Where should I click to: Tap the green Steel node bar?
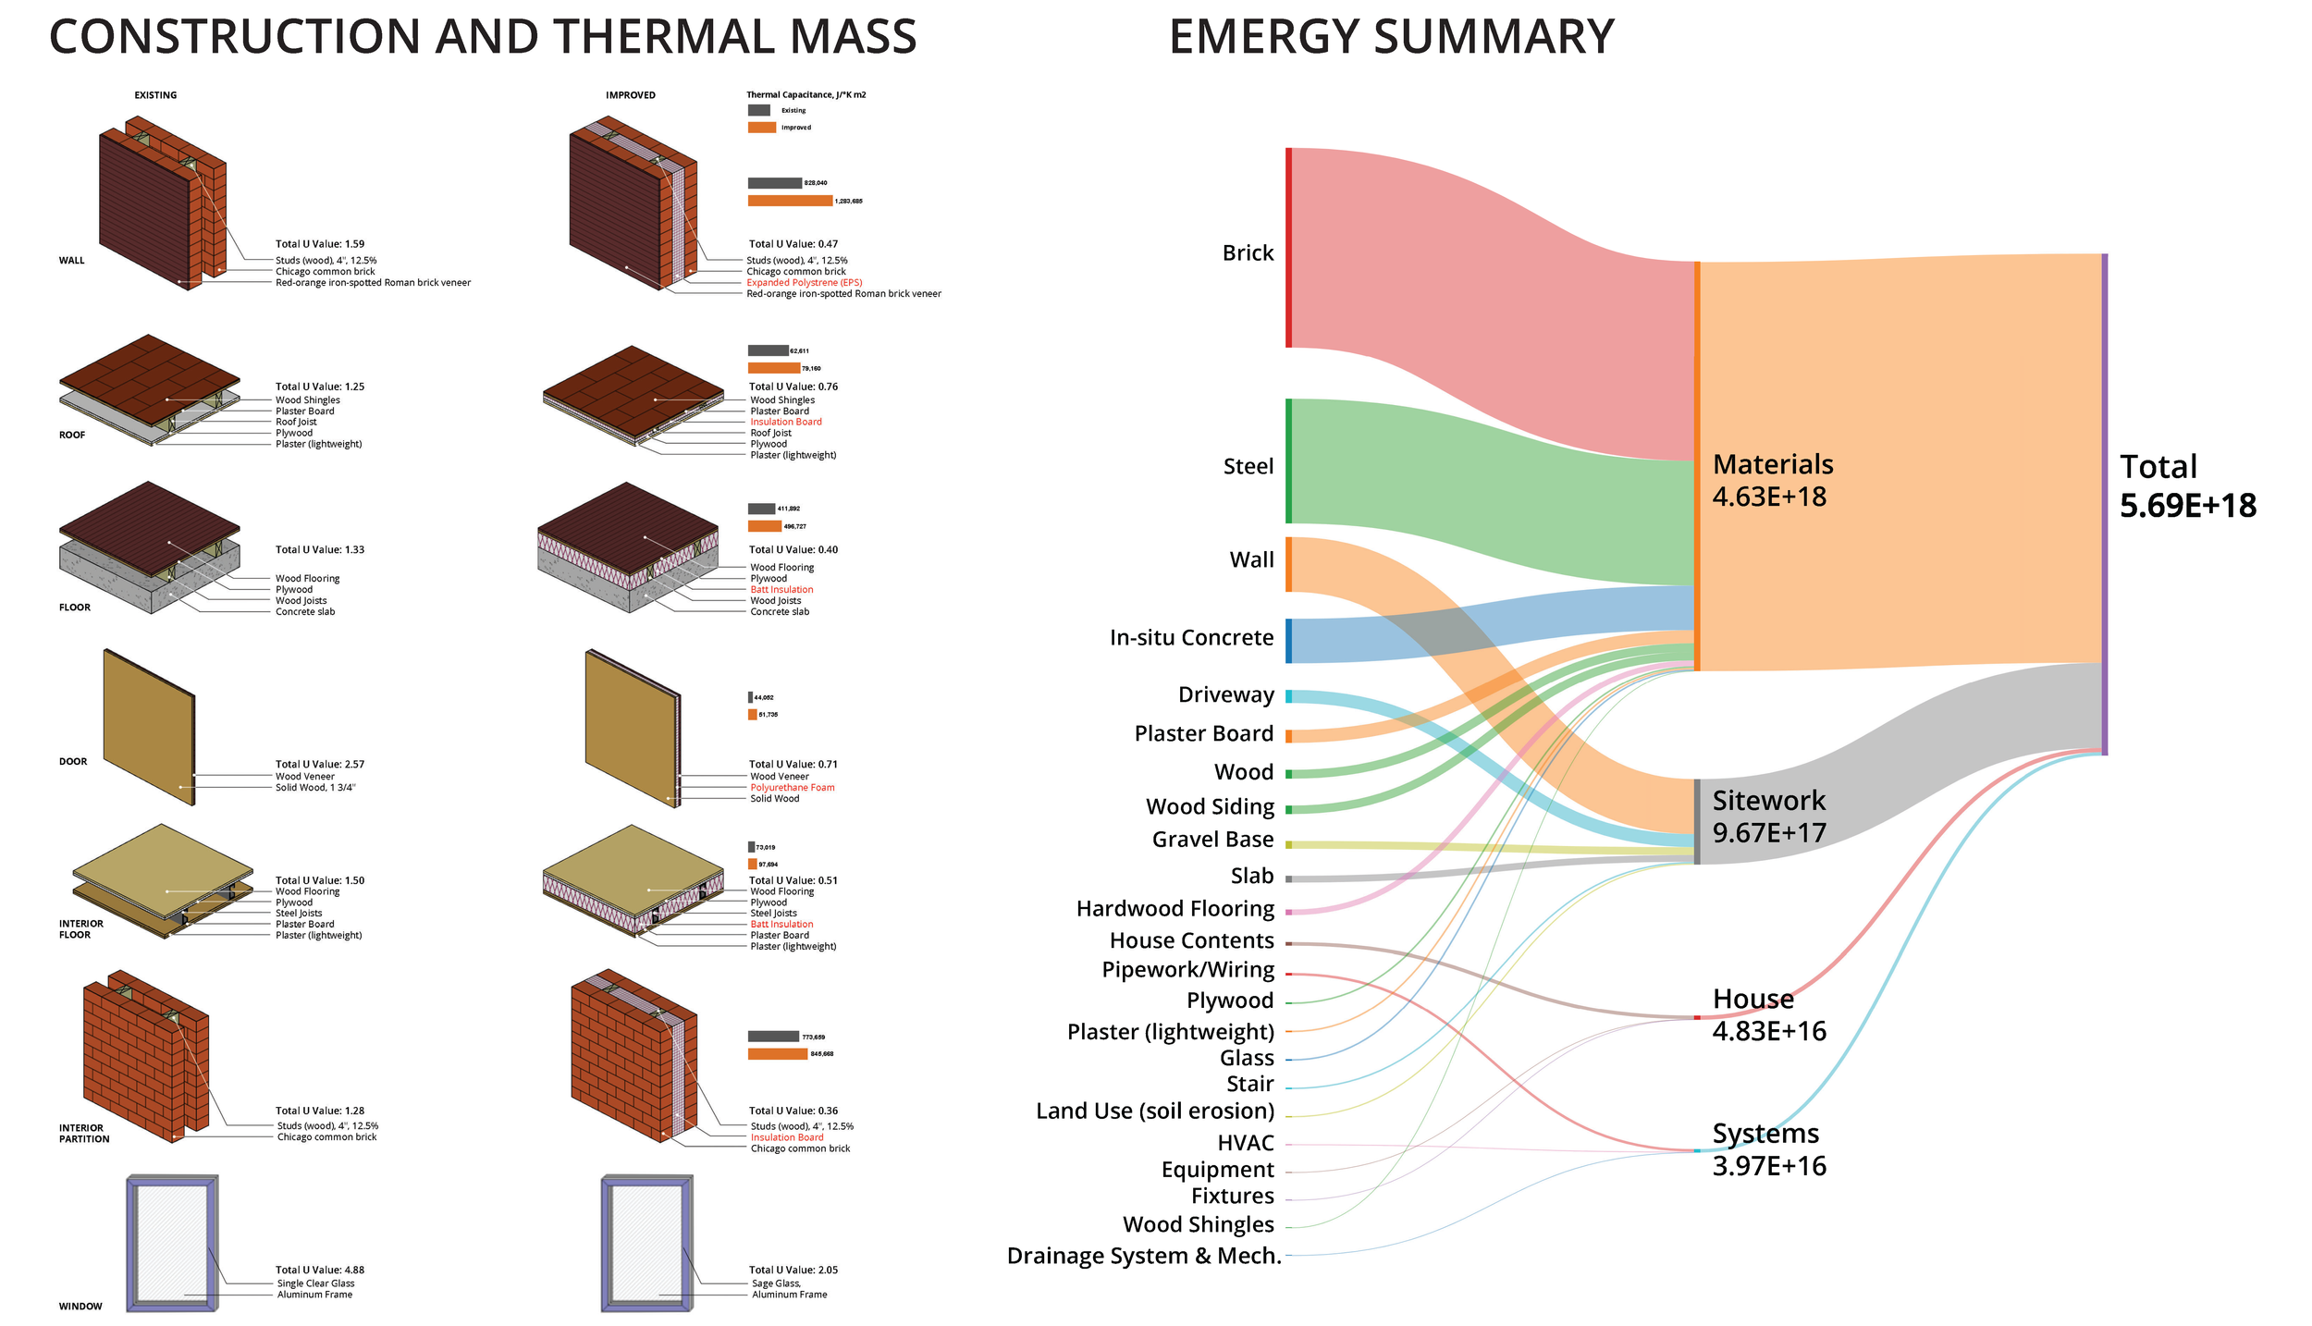tap(1288, 460)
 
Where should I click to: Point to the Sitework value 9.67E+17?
tap(1768, 832)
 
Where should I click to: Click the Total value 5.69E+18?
tap(2187, 506)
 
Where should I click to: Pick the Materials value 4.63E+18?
tap(1768, 497)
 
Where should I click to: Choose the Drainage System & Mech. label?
tap(1143, 1256)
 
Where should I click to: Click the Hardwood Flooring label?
tap(1174, 909)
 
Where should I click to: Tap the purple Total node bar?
tap(2105, 504)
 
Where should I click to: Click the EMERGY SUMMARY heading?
tap(1391, 37)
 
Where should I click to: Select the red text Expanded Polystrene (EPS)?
tap(804, 283)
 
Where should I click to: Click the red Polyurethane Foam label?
tap(792, 788)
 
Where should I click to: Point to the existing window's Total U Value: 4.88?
tap(320, 1270)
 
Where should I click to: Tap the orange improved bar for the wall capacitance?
tap(790, 201)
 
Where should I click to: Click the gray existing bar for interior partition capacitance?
tap(773, 1037)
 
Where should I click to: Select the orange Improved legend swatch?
tap(762, 128)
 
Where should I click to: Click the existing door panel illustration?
tap(148, 726)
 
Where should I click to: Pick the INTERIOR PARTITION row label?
tap(83, 1134)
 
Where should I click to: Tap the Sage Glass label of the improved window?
tap(776, 1283)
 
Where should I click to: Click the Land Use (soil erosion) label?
tap(1154, 1111)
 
